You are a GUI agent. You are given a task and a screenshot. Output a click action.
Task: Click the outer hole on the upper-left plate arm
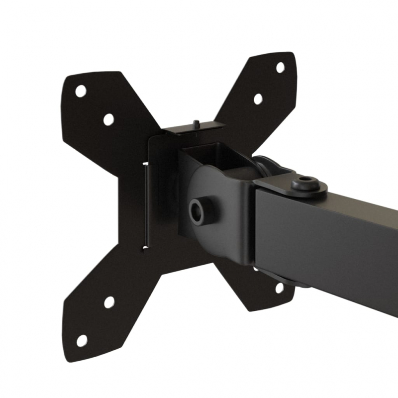(x=81, y=91)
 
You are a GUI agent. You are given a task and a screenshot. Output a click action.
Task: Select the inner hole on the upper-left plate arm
(x=108, y=119)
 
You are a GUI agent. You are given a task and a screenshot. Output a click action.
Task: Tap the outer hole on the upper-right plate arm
(x=280, y=67)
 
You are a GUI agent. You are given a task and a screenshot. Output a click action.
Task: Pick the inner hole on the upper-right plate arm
(x=258, y=99)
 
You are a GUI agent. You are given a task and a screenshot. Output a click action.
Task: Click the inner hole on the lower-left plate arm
(x=109, y=302)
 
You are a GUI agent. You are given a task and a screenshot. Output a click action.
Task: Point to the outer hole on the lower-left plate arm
(x=82, y=340)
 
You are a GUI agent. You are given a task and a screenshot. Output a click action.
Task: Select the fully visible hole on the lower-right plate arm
(x=280, y=288)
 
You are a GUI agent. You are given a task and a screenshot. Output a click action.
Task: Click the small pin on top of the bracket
(x=197, y=122)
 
